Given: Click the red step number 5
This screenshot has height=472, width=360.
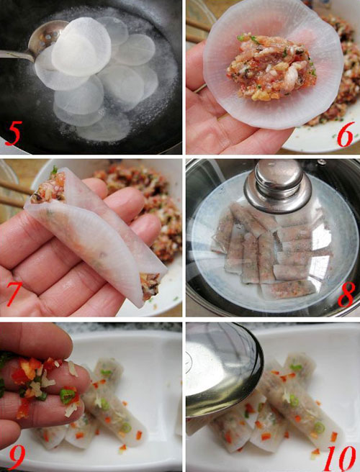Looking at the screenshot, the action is [14, 132].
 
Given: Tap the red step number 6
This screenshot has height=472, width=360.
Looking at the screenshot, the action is [345, 135].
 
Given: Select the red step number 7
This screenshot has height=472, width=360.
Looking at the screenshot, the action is [14, 294].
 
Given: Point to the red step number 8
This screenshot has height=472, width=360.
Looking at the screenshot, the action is [346, 295].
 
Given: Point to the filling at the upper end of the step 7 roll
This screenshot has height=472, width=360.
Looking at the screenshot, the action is [48, 186].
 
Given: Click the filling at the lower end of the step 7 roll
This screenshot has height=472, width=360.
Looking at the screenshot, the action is [150, 286].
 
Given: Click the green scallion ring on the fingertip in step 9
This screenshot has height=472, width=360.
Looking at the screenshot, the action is [67, 396].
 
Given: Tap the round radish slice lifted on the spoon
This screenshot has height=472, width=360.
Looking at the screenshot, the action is [81, 47].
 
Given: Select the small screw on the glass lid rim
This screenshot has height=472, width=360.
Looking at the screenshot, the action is [323, 162].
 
